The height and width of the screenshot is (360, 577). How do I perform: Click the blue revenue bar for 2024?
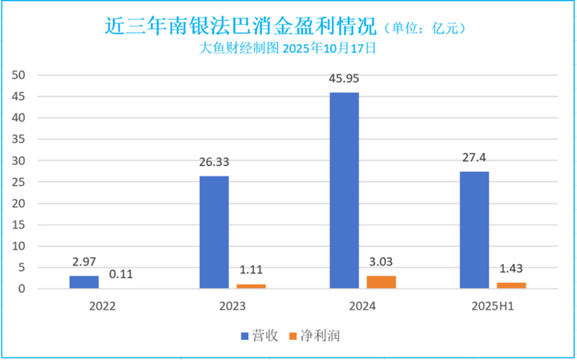345,191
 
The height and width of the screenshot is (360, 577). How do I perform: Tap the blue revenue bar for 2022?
83,282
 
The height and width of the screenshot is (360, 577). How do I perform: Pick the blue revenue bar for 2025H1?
474,230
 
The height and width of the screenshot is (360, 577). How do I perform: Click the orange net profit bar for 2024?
381,282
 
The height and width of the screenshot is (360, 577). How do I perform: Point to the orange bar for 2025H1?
511,285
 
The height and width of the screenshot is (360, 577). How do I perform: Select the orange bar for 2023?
252,286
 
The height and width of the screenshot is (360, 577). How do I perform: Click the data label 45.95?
345,80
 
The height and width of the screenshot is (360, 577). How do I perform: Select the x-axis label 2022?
102,306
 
